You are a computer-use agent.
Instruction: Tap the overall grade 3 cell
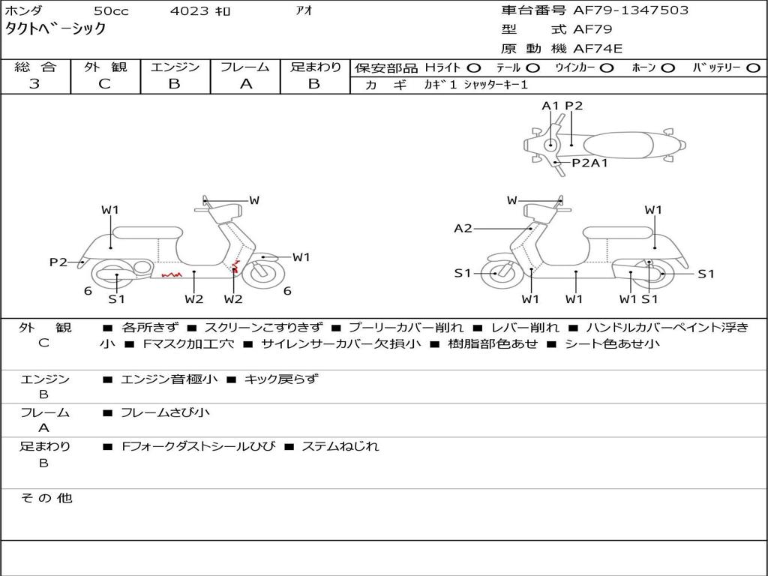click(x=34, y=84)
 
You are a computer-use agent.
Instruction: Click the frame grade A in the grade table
click(x=246, y=84)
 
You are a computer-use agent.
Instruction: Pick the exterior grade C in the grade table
click(x=104, y=84)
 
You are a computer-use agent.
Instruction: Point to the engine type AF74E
click(x=598, y=49)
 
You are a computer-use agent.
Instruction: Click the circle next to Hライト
click(x=474, y=67)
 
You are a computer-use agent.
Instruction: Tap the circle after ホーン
click(x=667, y=67)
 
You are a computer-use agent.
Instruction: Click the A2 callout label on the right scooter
click(x=463, y=228)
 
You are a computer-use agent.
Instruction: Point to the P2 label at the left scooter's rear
click(x=58, y=262)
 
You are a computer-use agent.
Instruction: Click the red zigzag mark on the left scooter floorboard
click(x=172, y=274)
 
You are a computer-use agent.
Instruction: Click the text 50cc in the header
click(x=110, y=11)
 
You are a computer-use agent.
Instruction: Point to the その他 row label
click(x=45, y=498)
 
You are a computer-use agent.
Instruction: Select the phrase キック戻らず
click(x=281, y=379)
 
